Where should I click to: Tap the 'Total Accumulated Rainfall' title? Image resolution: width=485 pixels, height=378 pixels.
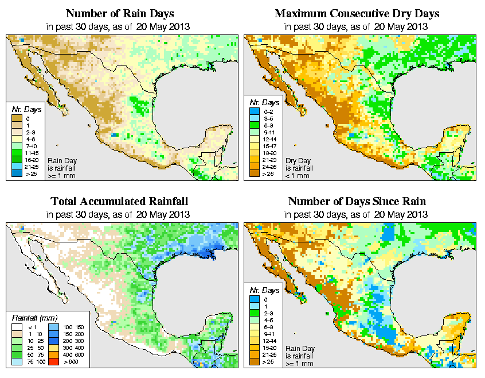119,202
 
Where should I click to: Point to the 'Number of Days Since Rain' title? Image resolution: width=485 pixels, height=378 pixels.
357,202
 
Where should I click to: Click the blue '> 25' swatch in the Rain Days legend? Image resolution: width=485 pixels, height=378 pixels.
16,172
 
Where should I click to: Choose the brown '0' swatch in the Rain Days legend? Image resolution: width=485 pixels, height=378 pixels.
16,118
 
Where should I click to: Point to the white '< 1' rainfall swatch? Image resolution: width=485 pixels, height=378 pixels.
16,327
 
